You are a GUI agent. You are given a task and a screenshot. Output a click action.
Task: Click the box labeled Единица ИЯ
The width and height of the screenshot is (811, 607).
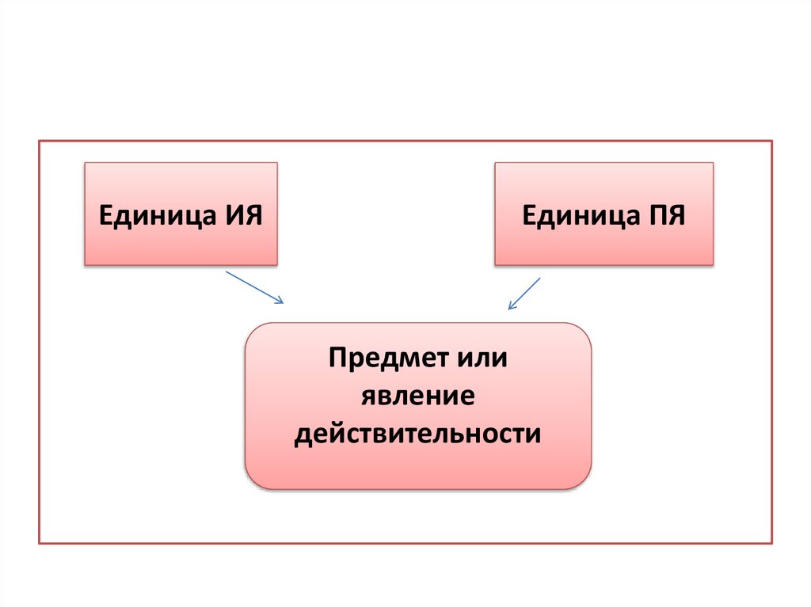click(x=181, y=214)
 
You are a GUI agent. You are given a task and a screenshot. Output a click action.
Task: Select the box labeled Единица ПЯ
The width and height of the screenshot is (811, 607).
click(x=603, y=214)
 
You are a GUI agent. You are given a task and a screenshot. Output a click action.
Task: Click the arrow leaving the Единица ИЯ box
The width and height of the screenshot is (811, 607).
click(x=254, y=286)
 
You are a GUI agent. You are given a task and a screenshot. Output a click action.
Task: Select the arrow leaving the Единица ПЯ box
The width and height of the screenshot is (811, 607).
click(x=524, y=293)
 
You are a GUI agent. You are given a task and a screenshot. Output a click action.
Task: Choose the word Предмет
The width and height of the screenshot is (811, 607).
click(x=379, y=358)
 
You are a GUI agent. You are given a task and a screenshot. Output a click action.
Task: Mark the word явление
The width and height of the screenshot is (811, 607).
click(x=418, y=396)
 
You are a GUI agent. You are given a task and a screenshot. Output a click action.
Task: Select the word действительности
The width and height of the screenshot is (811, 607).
click(x=418, y=434)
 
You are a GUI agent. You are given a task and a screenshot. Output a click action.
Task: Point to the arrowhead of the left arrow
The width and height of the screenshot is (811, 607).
click(x=280, y=301)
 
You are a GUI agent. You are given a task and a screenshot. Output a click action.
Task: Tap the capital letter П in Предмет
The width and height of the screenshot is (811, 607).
click(x=337, y=358)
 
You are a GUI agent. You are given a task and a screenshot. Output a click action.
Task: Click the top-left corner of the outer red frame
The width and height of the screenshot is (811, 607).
click(x=40, y=141)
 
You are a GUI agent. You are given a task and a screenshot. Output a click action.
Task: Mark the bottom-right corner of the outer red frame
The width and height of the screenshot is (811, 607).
click(x=771, y=543)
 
